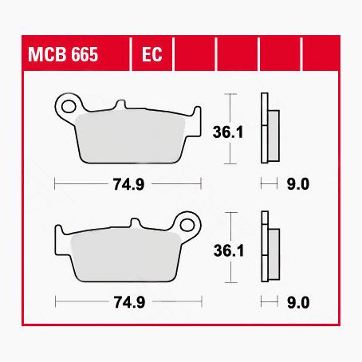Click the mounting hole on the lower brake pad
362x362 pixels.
pyautogui.click(x=189, y=221)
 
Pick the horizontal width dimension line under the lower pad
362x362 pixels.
pyautogui.click(x=80, y=302)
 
